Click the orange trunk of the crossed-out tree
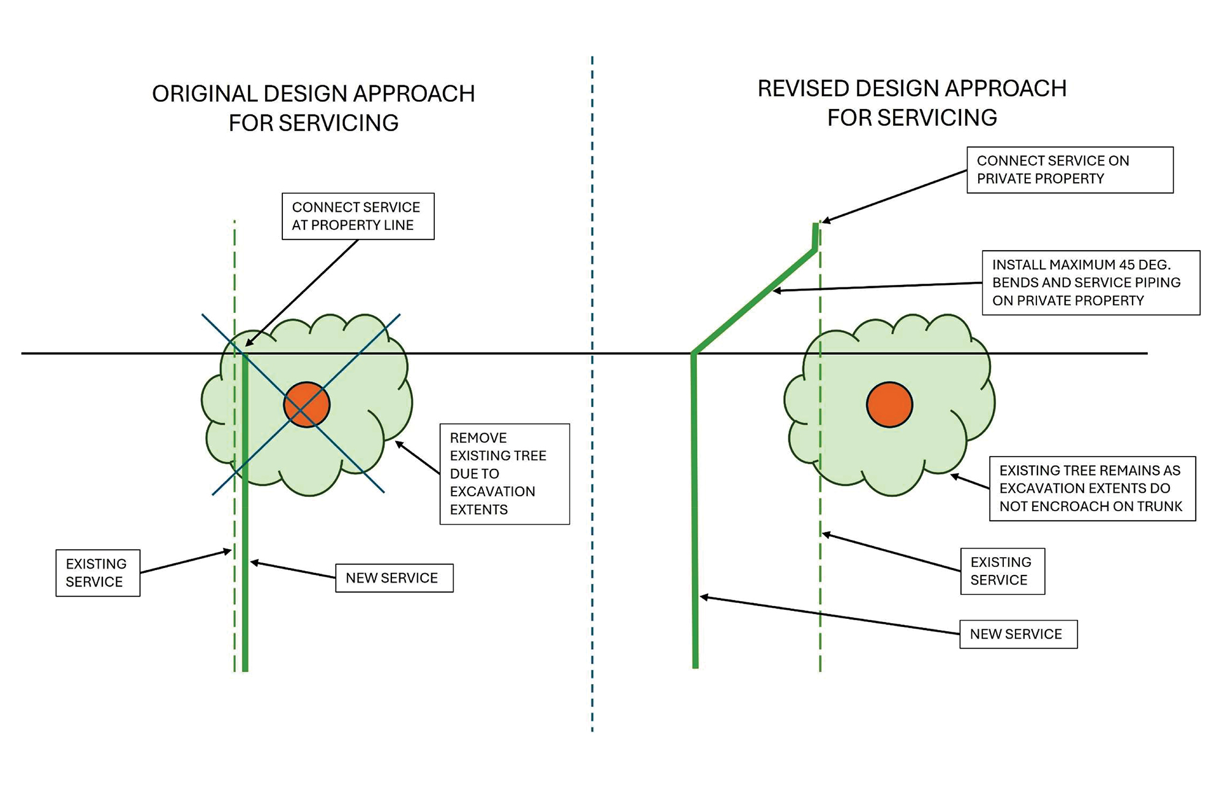point(307,404)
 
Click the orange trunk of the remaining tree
point(889,404)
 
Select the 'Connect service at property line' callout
point(358,216)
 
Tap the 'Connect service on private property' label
point(1069,170)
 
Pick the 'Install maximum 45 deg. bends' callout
point(1090,283)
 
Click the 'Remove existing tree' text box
point(504,474)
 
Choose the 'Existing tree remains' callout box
point(1092,488)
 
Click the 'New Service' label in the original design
point(394,578)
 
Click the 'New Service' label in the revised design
point(1018,634)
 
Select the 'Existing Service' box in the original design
point(98,573)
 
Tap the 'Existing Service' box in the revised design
point(1002,571)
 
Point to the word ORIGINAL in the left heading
point(205,94)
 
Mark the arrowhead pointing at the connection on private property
point(826,221)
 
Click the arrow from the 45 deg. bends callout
point(876,287)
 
